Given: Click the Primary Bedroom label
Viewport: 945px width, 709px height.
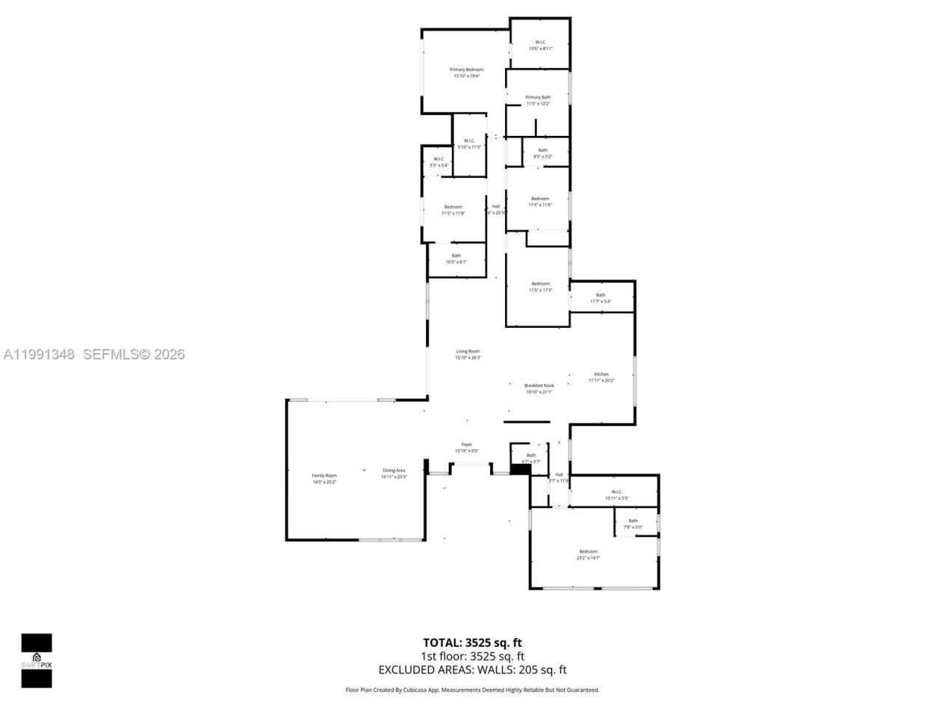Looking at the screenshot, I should coord(467,72).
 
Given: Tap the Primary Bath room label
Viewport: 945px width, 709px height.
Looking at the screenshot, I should coord(537,100).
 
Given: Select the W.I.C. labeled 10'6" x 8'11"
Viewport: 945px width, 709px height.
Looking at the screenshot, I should coord(540,45).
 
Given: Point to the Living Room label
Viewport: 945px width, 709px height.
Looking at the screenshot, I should coord(467,354).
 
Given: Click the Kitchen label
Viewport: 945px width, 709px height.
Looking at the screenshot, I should coord(601,377).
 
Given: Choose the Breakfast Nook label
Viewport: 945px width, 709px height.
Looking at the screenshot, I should coord(538,388).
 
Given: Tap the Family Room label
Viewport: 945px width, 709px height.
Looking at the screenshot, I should coord(324,479).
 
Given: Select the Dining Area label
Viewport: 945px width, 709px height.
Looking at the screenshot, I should coord(394,473).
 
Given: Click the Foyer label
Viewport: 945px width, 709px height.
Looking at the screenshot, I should coord(467,448).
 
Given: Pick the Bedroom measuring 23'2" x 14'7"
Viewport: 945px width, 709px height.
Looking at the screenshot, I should coord(588,555).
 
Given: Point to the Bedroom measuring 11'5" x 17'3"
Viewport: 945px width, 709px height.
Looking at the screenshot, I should coord(540,287).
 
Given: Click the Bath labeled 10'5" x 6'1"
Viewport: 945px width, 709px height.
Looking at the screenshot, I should coord(456,258).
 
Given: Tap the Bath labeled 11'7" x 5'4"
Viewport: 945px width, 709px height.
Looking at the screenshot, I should coord(600,298).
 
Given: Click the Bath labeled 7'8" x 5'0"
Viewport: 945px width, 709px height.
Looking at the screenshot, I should coord(633,524).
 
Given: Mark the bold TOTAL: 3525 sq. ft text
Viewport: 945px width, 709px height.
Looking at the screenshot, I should coord(472,643).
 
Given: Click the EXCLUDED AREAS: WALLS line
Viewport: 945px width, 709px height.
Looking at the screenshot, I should coord(472,670).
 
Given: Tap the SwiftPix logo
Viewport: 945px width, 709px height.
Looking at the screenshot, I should coord(36,660).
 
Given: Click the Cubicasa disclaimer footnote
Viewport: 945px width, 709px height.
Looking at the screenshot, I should coord(472,690).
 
